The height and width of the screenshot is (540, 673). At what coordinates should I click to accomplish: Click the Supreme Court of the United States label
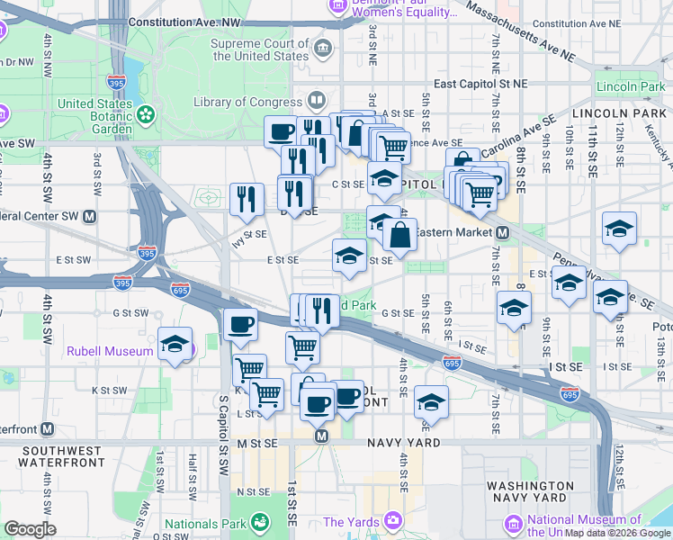click(259, 49)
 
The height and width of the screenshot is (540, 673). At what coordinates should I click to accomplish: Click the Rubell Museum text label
click(109, 351)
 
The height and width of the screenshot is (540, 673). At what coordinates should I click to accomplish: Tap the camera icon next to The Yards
click(392, 521)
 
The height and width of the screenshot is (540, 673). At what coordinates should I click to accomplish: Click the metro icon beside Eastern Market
click(504, 232)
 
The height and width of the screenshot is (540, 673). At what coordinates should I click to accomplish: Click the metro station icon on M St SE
click(320, 436)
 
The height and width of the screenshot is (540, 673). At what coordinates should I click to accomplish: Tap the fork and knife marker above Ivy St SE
click(247, 200)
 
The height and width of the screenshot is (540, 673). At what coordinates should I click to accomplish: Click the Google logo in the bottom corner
click(30, 528)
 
